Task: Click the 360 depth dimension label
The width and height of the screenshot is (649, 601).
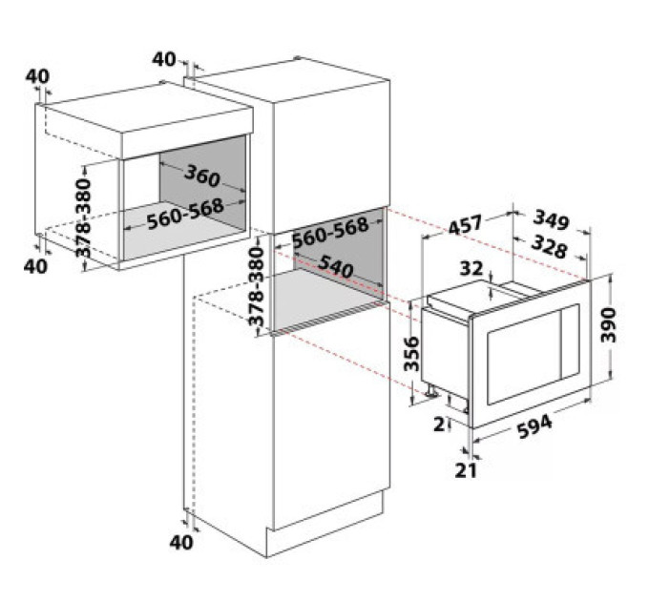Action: click(x=202, y=175)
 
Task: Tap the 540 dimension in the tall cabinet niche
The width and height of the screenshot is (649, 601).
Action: click(x=336, y=266)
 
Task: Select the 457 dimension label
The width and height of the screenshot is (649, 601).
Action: click(x=465, y=224)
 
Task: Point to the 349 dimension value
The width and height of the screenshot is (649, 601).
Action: click(x=551, y=219)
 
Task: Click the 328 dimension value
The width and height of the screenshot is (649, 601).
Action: click(x=549, y=246)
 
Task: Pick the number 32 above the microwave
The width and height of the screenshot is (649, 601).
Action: click(x=471, y=268)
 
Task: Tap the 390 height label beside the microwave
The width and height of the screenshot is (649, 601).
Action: click(x=609, y=325)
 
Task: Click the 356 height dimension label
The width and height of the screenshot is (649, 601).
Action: click(x=411, y=354)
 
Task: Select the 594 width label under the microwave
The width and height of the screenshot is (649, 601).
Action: click(x=534, y=426)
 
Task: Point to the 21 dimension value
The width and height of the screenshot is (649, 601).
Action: click(x=466, y=470)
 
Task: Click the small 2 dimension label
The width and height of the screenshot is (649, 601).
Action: click(x=439, y=424)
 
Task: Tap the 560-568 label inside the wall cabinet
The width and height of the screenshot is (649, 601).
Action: click(x=185, y=214)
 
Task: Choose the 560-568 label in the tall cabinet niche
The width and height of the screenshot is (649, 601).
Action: click(x=330, y=232)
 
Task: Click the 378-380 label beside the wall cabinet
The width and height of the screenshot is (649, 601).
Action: click(x=83, y=218)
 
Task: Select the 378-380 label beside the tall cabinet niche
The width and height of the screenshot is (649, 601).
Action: click(x=256, y=286)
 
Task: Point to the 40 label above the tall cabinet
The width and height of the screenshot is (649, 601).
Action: click(x=164, y=59)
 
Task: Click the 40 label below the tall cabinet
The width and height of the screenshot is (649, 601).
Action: click(x=181, y=542)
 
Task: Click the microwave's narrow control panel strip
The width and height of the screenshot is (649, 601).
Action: click(x=570, y=342)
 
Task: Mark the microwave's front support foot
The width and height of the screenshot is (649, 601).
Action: click(x=432, y=390)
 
